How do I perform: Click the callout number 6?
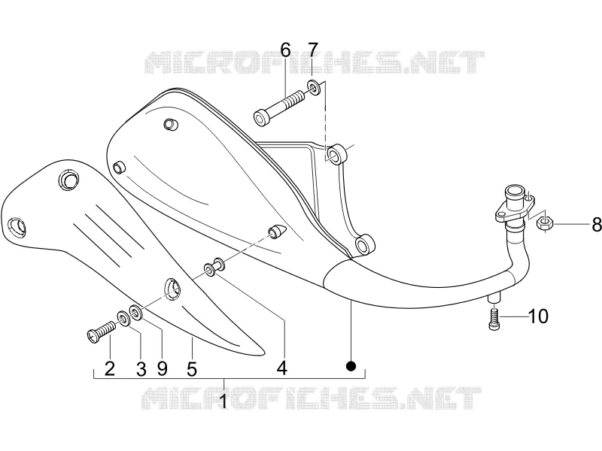point(286,50)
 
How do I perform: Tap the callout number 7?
point(313,50)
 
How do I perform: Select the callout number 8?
point(597,225)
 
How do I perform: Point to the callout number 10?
point(539,316)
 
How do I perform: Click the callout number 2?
point(110,369)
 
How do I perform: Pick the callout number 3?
point(141,369)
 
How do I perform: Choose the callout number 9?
point(163,369)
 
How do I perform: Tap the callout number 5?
point(192,369)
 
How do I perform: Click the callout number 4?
point(282,368)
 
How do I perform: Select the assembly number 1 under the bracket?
point(223,401)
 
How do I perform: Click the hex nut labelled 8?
point(543,222)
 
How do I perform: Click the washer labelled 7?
point(314,88)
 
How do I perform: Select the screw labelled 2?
point(102,331)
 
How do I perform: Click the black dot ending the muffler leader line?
point(351,366)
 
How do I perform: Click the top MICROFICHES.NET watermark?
point(315,62)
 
